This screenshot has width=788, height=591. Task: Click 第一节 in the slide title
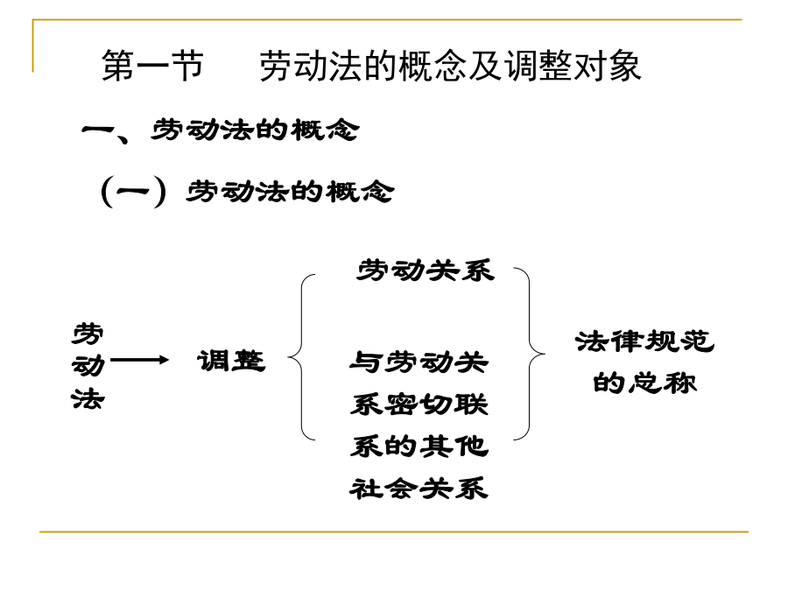click(x=152, y=66)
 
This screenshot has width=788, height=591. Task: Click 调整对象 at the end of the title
click(x=573, y=66)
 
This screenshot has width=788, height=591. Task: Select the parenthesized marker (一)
click(x=133, y=191)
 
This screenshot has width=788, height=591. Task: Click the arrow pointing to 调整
click(x=139, y=360)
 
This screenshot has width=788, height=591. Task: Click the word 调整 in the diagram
click(x=230, y=361)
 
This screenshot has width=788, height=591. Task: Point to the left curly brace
click(x=301, y=357)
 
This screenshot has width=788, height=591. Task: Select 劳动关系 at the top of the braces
click(x=426, y=271)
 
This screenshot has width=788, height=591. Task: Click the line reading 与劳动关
click(x=419, y=362)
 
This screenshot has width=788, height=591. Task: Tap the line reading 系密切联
click(x=419, y=405)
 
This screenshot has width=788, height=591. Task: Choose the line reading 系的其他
click(x=419, y=447)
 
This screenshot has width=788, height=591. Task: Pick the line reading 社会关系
click(x=419, y=489)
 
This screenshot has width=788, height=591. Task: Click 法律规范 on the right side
click(x=644, y=341)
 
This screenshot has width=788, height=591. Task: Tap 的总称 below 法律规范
click(x=644, y=383)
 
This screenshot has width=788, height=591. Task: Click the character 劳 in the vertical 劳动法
click(x=88, y=334)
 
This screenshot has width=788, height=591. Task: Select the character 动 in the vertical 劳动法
click(x=88, y=365)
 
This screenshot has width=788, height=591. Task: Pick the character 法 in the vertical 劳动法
click(x=88, y=398)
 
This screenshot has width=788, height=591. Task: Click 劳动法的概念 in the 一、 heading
click(x=255, y=130)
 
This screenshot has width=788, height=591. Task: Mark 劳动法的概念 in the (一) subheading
click(x=290, y=192)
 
